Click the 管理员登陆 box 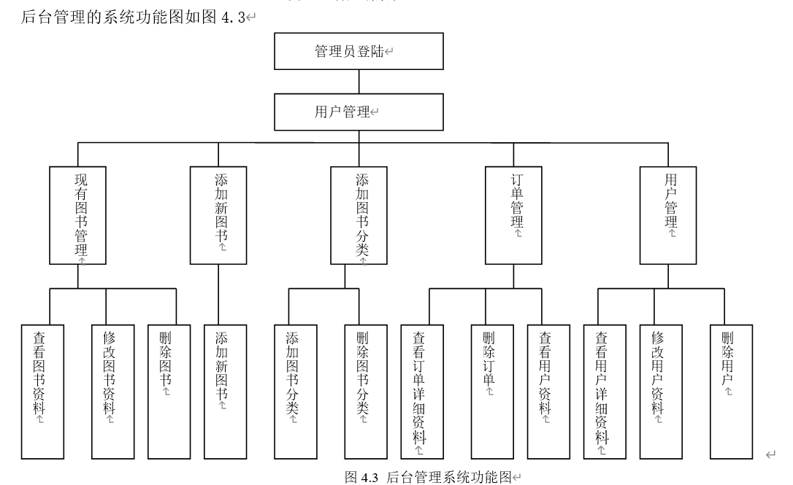pos(359,51)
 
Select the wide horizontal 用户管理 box pos(359,112)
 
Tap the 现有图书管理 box pos(78,215)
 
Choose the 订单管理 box pos(513,215)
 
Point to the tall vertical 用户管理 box pos(668,215)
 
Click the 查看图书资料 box pos(42,392)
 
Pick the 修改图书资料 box pos(112,392)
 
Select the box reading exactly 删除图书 pos(169,392)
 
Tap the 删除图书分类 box pos(366,392)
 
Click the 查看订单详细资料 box pos(422,392)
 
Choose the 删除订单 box pos(492,392)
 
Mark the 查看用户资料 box pos(548,392)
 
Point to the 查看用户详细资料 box pos(605,392)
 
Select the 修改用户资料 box pos(661,392)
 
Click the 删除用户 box pos(731,392)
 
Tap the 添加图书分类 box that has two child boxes pos(359,215)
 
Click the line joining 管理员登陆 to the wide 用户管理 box pos(359,82)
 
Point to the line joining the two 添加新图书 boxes pos(218,295)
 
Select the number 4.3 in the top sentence pos(233,18)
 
